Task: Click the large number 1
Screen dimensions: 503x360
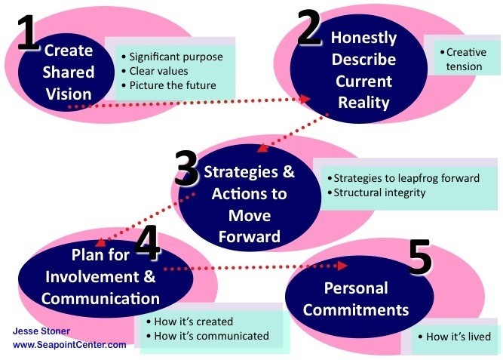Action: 28,32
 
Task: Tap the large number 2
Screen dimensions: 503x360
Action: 309,27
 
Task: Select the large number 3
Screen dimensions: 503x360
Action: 186,168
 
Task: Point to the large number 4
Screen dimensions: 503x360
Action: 147,242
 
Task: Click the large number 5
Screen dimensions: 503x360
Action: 420,257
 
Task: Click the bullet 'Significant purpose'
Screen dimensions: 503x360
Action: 173,57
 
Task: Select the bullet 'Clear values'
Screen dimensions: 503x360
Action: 155,71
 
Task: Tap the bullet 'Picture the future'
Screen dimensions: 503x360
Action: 169,85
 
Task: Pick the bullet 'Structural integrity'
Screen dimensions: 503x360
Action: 376,192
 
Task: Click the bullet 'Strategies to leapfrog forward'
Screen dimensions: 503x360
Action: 403,178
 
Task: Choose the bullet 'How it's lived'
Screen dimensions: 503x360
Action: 455,337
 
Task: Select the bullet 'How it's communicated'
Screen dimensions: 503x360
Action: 207,336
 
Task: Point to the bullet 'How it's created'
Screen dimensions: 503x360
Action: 189,322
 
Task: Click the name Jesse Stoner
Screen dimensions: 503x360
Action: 41,331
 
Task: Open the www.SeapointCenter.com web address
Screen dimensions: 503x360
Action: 69,345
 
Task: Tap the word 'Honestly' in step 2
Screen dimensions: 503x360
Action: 363,38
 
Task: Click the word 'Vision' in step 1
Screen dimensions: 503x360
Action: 69,94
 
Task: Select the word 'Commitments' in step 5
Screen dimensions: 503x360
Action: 356,310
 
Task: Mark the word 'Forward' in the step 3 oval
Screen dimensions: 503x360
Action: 250,237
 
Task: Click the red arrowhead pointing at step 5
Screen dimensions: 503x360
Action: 342,266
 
